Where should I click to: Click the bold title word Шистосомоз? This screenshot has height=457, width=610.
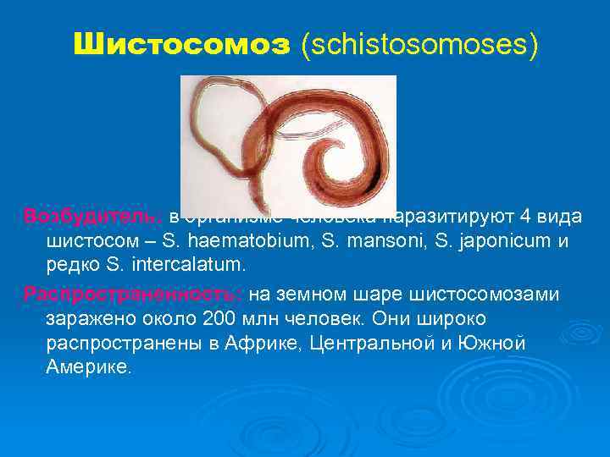point(182,43)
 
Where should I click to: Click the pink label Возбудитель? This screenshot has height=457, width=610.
point(94,217)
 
